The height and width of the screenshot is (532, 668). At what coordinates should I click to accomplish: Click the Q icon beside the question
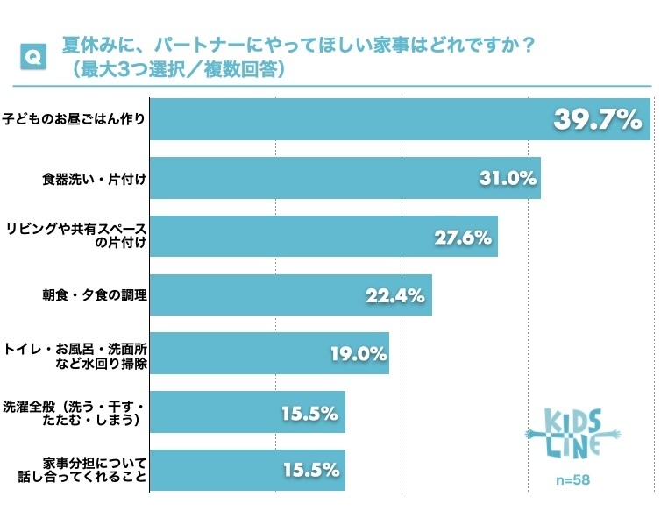[32, 57]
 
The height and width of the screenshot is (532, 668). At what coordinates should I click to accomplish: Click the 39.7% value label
[599, 120]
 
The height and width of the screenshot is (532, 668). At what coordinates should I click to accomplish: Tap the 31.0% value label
[508, 178]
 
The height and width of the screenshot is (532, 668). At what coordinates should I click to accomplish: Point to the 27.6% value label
[464, 237]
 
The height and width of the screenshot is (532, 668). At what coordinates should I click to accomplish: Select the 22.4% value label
[396, 295]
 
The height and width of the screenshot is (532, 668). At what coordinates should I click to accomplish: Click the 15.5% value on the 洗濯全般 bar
[310, 412]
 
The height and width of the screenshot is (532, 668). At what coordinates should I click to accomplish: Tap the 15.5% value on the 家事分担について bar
[310, 470]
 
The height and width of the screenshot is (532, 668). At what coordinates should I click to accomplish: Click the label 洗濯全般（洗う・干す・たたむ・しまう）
[74, 412]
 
